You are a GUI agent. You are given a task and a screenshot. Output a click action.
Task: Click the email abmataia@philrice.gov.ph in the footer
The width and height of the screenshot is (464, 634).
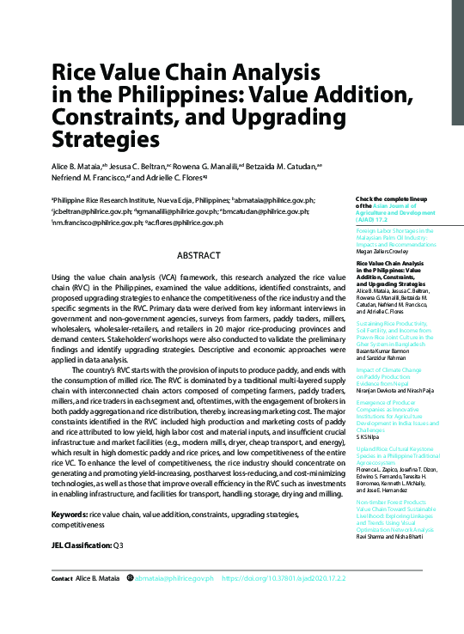click(174, 603)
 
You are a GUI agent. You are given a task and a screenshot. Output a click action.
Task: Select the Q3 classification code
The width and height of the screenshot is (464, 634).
click(119, 545)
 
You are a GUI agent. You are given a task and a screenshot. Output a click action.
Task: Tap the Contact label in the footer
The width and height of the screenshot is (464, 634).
click(62, 603)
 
